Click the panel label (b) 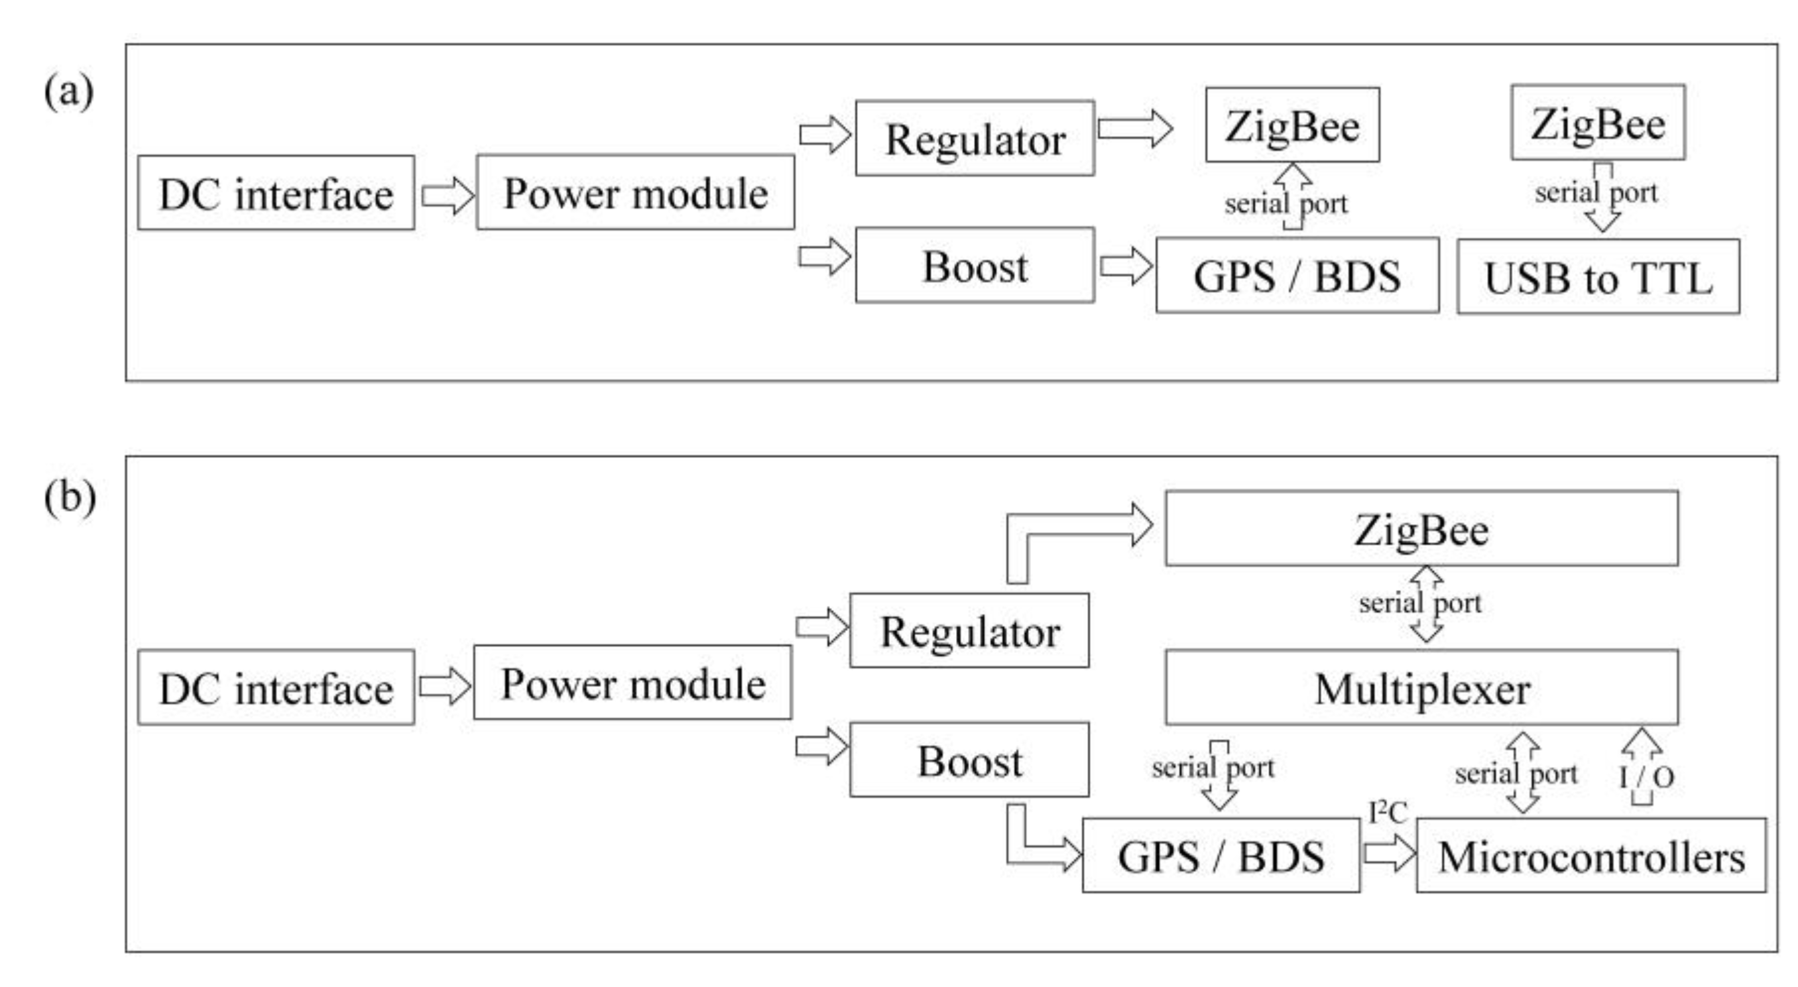69,498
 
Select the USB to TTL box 1598,277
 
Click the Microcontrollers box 1590,856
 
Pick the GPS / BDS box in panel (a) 1297,275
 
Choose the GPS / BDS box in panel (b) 1221,856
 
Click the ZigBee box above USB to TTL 1598,123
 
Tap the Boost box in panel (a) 975,265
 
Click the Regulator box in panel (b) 969,631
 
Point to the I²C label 1388,812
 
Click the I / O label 1646,776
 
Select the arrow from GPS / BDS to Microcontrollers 1388,854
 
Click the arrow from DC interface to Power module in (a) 447,195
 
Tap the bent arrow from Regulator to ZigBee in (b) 1068,530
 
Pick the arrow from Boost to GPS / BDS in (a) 1125,266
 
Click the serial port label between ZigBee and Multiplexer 1419,603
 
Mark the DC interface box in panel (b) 276,688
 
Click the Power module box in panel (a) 635,193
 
